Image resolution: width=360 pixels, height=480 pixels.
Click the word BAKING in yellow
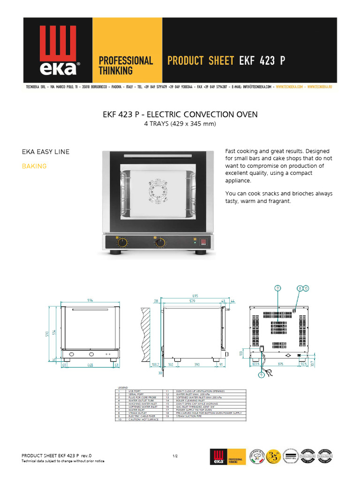34,166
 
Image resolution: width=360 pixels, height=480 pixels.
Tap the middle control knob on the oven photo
160,242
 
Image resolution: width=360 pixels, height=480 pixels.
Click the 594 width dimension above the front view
89,300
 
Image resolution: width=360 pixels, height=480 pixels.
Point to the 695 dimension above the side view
195,296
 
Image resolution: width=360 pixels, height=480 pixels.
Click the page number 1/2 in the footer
175,455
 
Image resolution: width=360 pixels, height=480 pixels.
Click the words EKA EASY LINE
46,151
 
